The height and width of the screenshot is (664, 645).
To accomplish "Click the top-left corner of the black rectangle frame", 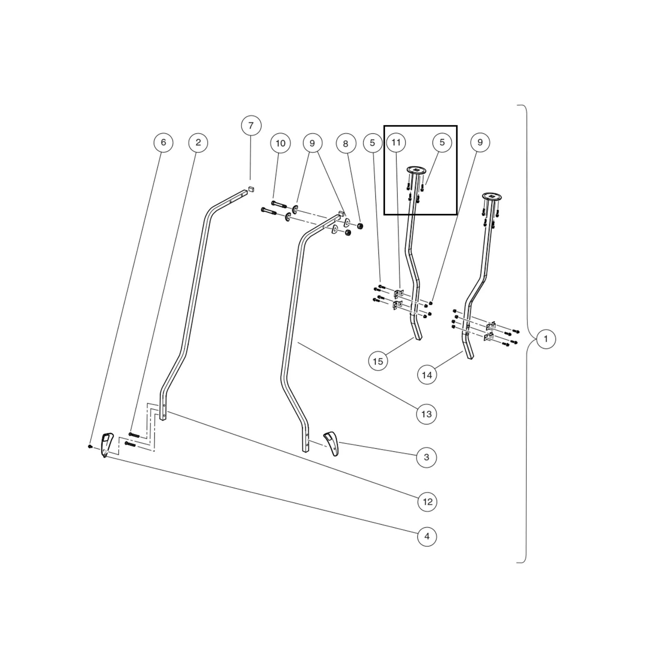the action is [384, 126].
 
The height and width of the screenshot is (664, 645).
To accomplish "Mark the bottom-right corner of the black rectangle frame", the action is [457, 214].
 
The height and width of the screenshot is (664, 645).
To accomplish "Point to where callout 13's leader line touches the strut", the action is [298, 342].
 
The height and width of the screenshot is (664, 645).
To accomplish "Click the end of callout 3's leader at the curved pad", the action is [339, 442].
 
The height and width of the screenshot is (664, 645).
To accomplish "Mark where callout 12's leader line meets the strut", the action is [167, 412].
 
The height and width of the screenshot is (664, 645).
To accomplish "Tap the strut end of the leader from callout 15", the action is [414, 338].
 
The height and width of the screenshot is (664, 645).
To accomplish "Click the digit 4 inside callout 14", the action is [429, 375].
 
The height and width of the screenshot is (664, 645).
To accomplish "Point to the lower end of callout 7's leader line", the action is [251, 179].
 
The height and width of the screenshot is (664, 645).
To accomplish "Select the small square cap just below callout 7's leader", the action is [251, 188].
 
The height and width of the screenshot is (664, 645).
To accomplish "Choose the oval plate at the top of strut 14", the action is [492, 197].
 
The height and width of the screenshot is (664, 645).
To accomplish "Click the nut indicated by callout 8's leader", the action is [360, 226].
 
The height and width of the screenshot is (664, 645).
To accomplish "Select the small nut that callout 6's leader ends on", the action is [90, 446].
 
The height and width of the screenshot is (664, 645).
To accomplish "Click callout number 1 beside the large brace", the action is [546, 339].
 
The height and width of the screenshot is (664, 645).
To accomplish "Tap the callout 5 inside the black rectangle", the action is [442, 142].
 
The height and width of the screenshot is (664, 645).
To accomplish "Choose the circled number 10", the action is [280, 143].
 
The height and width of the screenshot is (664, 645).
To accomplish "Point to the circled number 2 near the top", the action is [198, 142].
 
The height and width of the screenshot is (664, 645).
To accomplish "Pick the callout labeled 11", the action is [396, 142].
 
